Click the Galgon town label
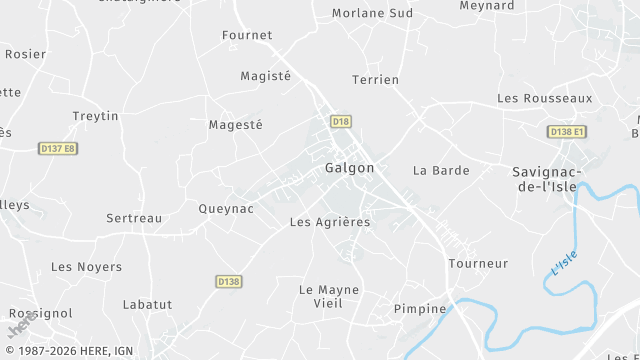coord(350,168)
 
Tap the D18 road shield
coord(341,122)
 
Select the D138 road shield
coord(228,282)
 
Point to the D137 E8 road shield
coord(58,149)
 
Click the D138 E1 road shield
coord(567,132)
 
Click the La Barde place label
coord(441,170)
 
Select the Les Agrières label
coord(329,222)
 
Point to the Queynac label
coord(226,209)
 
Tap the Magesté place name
coord(235,125)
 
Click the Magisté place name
coord(265,76)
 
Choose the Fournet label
coord(246,35)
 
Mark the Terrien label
coord(376,79)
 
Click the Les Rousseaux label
coord(545,99)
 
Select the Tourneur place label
coord(478,264)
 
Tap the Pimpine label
coord(420,309)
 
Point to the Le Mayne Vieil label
coord(328,296)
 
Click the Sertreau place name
coord(134,218)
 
